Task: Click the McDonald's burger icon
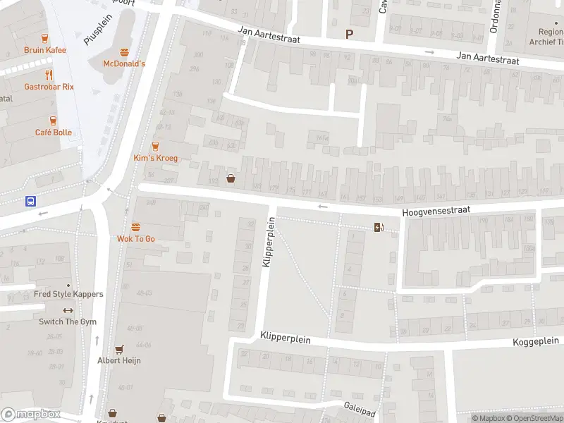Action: [124, 52]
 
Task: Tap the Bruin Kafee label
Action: [44, 50]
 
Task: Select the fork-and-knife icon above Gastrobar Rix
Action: [49, 75]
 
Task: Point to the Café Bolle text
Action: [54, 133]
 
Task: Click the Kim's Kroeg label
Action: [156, 158]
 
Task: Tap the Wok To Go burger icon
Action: [136, 227]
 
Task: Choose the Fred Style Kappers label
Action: [68, 294]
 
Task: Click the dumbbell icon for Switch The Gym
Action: [68, 310]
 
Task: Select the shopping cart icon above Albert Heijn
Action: [119, 349]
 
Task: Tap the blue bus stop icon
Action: [31, 201]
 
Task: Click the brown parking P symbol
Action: [348, 34]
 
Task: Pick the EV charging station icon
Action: [379, 226]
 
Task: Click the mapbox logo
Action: [30, 415]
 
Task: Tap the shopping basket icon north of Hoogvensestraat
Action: [231, 178]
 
